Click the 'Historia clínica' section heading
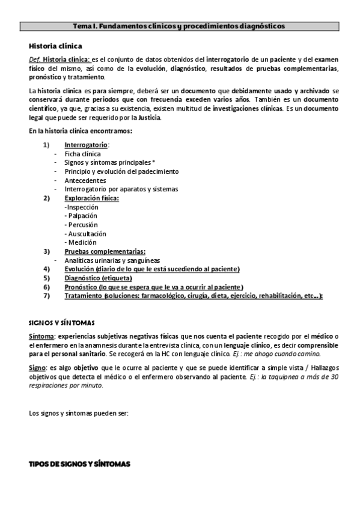pyautogui.click(x=55, y=46)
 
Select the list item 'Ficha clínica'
pyautogui.click(x=83, y=154)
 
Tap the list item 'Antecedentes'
pyautogui.click(x=85, y=180)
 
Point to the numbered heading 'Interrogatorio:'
pyautogui.click(x=87, y=145)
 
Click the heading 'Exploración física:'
pyautogui.click(x=91, y=198)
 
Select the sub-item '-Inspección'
pyautogui.click(x=81, y=207)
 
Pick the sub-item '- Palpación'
pyautogui.click(x=81, y=215)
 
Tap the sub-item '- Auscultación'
pyautogui.click(x=85, y=233)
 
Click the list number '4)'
pyautogui.click(x=46, y=269)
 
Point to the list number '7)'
pyautogui.click(x=46, y=296)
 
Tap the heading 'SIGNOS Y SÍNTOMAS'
pyautogui.click(x=61, y=323)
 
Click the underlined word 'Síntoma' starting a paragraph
pyautogui.click(x=42, y=335)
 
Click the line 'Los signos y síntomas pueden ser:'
pyautogui.click(x=78, y=413)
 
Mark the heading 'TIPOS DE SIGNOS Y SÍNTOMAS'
pyautogui.click(x=79, y=465)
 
